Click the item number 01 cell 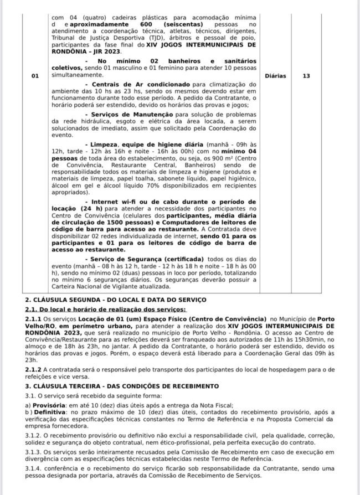pyautogui.click(x=35, y=76)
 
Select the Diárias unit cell pyautogui.click(x=275, y=76)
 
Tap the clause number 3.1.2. pyautogui.click(x=34, y=435)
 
